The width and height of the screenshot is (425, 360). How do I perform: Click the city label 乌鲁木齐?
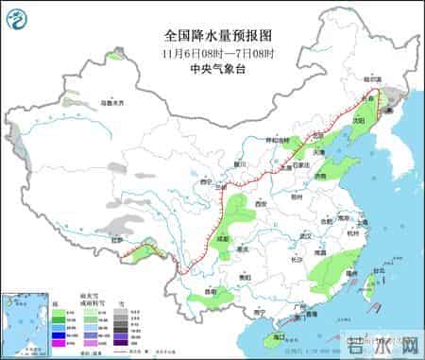111,101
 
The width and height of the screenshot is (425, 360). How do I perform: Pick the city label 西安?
260,202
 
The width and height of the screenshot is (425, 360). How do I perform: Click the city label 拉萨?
117,241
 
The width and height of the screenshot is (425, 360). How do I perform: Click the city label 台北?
379,270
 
